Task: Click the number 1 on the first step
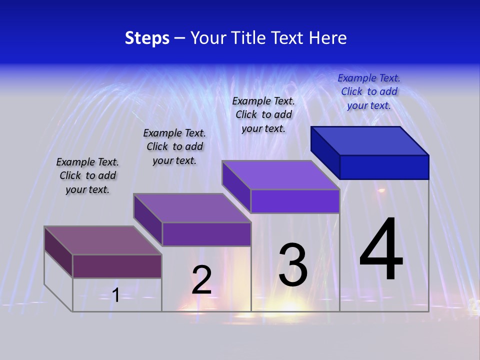coord(115,295)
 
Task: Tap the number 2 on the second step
coord(201,280)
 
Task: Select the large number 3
coord(293,265)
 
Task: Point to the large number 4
coord(381,249)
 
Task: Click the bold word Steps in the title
coord(147,38)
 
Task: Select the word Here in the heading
coord(328,38)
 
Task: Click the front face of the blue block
coord(384,167)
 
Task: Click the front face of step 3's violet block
coord(295,201)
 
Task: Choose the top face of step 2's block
coord(192,208)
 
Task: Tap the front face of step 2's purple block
coord(206,234)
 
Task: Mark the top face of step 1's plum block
coord(103,240)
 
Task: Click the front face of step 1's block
coord(117,266)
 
